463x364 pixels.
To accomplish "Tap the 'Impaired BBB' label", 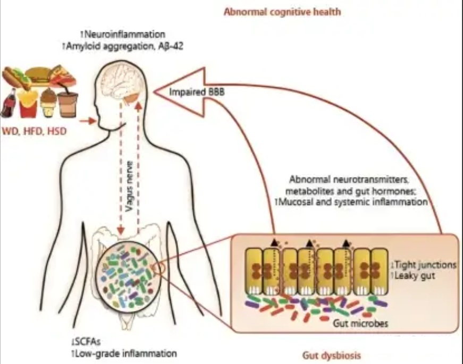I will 197,92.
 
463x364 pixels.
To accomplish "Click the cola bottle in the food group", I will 9,103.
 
